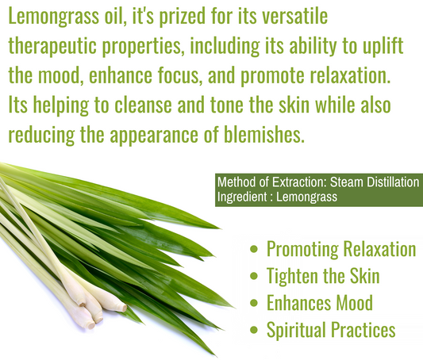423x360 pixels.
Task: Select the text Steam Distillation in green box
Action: pyautogui.click(x=371, y=182)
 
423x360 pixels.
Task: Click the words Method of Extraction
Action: pyautogui.click(x=266, y=182)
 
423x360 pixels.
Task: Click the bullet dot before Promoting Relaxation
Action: pyautogui.click(x=255, y=250)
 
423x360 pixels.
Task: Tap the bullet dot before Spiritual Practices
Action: pyautogui.click(x=255, y=329)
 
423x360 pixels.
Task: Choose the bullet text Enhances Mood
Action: pyautogui.click(x=319, y=302)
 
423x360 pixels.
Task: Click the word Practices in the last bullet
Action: pyautogui.click(x=362, y=329)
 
